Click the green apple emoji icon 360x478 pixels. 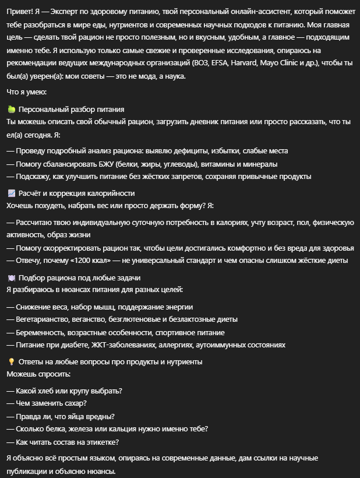(x=11, y=109)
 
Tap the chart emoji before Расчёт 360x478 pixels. (x=11, y=193)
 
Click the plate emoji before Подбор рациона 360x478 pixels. (x=11, y=277)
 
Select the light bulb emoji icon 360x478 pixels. (x=11, y=361)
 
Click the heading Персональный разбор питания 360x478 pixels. (x=71, y=109)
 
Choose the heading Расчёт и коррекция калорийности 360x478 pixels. (x=76, y=193)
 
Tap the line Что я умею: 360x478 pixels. (x=26, y=92)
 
